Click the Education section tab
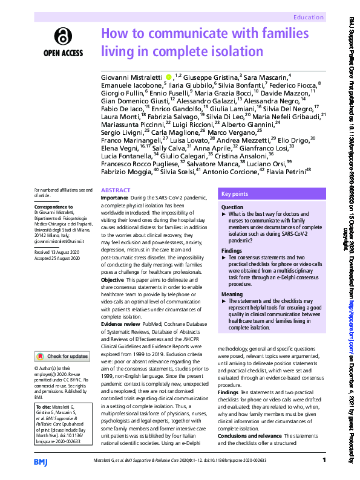tap(308, 18)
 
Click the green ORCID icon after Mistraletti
tap(169, 77)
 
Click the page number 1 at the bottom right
tap(325, 461)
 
